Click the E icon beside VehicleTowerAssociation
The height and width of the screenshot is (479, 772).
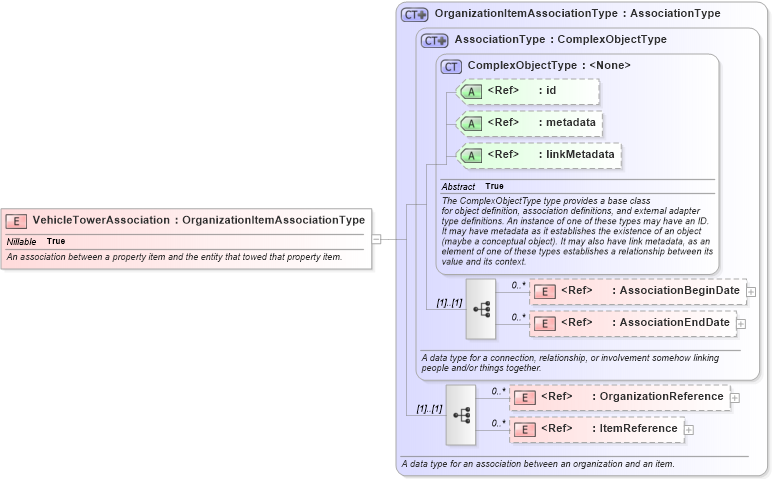[x=17, y=220]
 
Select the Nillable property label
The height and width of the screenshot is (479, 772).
[x=21, y=241]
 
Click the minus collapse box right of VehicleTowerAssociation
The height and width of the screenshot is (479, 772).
[x=376, y=239]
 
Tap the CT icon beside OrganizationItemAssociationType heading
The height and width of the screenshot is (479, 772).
[x=414, y=15]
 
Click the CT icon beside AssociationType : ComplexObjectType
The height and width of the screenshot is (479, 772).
[x=434, y=40]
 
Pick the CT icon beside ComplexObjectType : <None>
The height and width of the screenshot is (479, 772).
[x=451, y=66]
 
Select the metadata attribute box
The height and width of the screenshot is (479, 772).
[x=529, y=123]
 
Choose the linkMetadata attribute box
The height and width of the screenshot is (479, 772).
[x=538, y=155]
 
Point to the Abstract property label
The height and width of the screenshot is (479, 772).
[x=459, y=187]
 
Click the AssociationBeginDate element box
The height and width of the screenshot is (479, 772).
[x=637, y=291]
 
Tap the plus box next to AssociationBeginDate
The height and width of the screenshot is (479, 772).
[x=752, y=291]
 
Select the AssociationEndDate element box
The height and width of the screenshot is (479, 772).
[x=632, y=323]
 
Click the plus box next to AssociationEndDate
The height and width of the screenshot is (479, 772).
[x=741, y=323]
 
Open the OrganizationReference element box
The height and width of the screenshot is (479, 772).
[x=620, y=397]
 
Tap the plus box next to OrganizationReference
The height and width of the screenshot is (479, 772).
[x=735, y=397]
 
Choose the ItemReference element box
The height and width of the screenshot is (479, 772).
[x=596, y=429]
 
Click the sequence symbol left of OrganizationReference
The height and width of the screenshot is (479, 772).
[x=461, y=414]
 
